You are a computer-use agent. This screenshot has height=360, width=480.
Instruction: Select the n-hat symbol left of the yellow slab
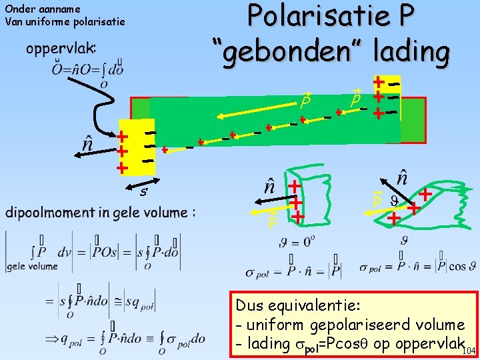(87, 143)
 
